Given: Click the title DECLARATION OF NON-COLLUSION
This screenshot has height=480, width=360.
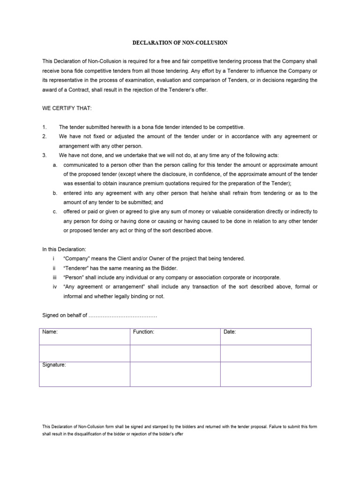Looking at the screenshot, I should tap(180, 43).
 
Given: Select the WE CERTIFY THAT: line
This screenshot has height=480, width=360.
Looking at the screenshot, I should tap(67, 109).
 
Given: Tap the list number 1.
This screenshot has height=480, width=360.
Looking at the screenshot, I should tap(44, 127).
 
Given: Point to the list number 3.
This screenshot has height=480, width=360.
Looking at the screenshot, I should tap(44, 155).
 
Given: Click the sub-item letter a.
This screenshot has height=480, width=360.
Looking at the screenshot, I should tap(55, 165).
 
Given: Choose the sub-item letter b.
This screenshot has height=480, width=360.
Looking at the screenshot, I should tap(55, 193).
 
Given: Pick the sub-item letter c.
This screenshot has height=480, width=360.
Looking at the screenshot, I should tap(55, 212).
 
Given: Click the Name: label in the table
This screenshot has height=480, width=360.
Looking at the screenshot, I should tap(50, 332).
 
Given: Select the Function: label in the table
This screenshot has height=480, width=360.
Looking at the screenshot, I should tap(143, 332).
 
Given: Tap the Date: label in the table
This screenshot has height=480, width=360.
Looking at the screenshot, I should tap(230, 332).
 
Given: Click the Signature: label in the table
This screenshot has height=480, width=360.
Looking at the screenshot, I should tap(54, 365).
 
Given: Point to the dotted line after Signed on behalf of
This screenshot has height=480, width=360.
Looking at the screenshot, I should tap(123, 316).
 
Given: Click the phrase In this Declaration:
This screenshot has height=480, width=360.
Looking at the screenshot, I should tap(64, 249).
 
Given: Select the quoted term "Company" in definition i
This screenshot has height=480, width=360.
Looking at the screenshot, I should tap(75, 259).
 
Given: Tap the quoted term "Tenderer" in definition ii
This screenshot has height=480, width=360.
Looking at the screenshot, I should tap(75, 268).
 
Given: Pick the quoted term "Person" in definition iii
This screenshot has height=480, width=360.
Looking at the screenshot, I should tap(74, 277).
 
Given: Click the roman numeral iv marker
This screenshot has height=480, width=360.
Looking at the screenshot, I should tap(55, 287).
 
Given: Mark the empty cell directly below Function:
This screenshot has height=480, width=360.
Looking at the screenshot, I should tap(175, 353).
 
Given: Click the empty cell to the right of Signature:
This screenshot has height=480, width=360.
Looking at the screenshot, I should tap(175, 374).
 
